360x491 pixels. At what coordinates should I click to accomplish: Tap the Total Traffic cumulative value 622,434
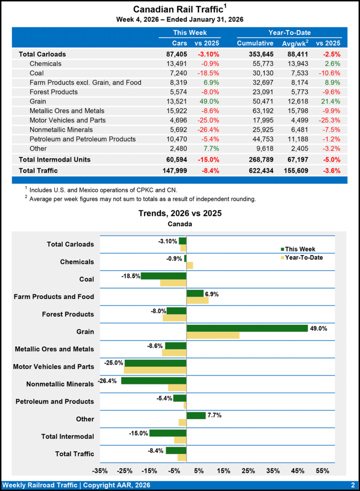pos(255,170)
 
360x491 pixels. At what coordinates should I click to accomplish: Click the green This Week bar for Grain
pos(247,328)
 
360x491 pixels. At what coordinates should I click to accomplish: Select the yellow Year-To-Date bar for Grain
pos(213,335)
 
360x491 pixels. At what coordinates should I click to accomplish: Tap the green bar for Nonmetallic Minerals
pos(153,381)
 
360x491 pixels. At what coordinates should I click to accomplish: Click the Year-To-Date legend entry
pos(303,257)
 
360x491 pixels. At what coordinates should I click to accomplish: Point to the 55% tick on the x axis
pos(323,471)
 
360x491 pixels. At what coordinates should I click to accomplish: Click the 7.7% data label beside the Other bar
pos(215,415)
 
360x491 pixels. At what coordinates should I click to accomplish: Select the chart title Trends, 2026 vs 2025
pos(180,213)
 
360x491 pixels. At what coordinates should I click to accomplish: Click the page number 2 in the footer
pos(352,485)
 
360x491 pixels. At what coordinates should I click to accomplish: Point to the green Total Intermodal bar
pos(168,433)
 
